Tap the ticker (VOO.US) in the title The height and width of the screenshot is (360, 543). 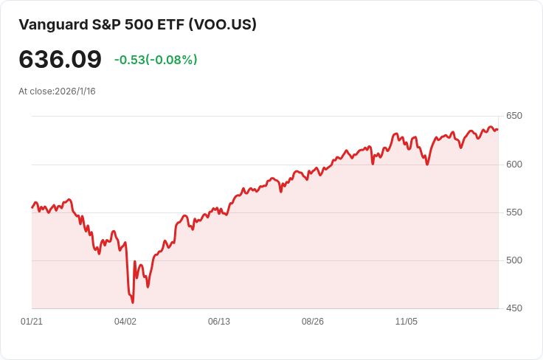click(222, 24)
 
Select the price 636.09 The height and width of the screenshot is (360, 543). click(60, 59)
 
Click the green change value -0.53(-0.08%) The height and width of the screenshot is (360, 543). click(156, 60)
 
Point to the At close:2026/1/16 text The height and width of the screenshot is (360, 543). click(57, 91)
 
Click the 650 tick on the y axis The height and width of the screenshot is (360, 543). click(514, 116)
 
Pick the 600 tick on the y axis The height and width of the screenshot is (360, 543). click(514, 164)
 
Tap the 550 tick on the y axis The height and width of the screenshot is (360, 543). click(514, 212)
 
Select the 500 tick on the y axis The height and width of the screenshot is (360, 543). click(514, 260)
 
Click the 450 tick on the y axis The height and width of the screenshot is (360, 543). click(514, 308)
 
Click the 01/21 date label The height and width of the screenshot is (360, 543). click(32, 322)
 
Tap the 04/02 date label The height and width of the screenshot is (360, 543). click(125, 322)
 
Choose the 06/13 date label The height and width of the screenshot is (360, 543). click(219, 322)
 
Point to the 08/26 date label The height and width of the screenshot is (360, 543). click(313, 322)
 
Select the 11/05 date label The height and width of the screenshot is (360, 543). click(407, 322)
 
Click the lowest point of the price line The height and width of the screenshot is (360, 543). click(133, 302)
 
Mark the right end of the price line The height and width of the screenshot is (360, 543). click(498, 130)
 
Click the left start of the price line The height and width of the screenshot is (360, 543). click(32, 207)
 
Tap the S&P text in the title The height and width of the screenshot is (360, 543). click(104, 24)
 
